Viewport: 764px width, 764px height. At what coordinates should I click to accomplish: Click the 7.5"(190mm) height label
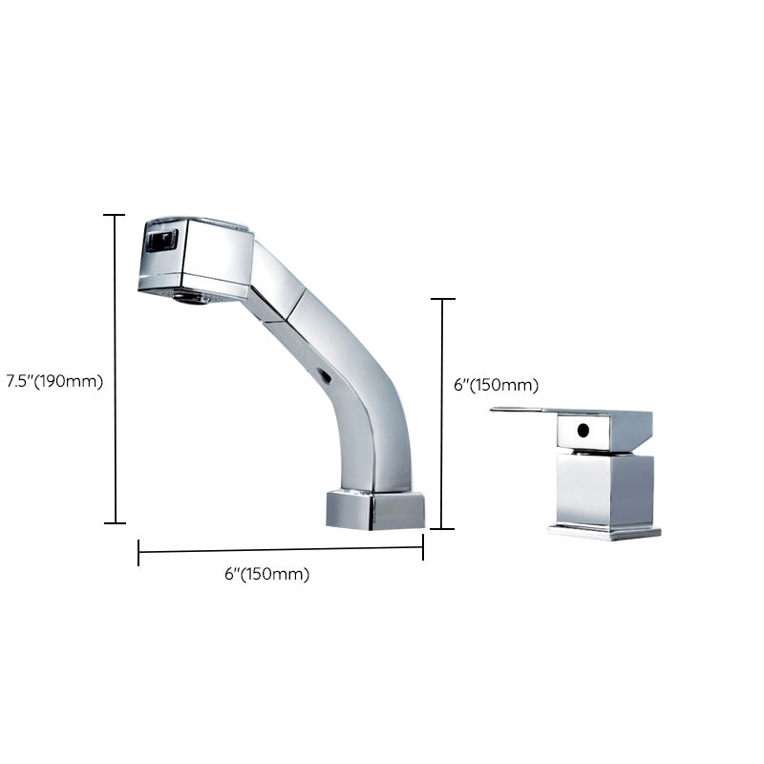click(53, 380)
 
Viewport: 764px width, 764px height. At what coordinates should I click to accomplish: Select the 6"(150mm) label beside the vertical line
click(495, 385)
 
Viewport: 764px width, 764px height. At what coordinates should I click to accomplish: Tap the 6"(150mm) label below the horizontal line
click(266, 574)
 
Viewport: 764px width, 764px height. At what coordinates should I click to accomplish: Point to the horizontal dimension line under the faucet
click(281, 549)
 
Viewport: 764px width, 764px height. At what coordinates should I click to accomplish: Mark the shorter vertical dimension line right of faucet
click(441, 414)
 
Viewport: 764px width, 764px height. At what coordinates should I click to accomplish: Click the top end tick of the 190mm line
click(115, 216)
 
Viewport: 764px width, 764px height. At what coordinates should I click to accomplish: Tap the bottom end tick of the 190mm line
click(115, 522)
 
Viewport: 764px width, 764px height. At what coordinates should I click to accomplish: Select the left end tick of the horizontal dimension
click(139, 553)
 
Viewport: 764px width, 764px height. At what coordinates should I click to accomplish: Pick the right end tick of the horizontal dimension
click(423, 547)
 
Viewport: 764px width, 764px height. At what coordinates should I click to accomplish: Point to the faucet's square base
click(374, 509)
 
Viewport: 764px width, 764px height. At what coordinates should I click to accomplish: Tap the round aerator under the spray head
click(194, 297)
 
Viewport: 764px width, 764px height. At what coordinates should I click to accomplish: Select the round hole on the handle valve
click(581, 430)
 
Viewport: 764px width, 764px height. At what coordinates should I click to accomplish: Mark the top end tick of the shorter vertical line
click(441, 300)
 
